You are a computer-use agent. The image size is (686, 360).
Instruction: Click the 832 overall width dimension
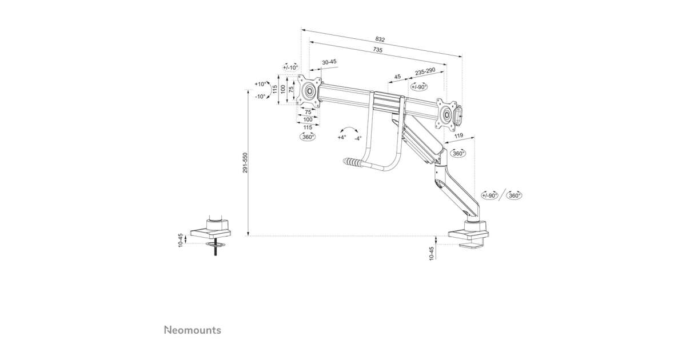(380, 39)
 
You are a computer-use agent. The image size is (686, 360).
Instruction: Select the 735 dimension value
(377, 50)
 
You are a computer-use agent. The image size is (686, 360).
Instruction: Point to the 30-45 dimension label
(329, 62)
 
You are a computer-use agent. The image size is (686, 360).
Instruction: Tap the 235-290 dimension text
(425, 71)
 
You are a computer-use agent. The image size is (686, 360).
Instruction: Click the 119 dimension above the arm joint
(458, 135)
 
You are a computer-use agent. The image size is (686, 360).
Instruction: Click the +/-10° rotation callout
(290, 67)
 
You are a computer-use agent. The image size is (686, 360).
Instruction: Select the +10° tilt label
(260, 84)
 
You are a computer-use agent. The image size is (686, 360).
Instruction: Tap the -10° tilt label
(260, 97)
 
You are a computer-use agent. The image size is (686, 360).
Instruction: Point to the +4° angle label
(341, 138)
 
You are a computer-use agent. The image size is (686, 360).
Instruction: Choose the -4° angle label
(357, 138)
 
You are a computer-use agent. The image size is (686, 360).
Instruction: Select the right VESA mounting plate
(446, 113)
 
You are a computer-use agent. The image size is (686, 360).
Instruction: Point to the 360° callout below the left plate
(308, 137)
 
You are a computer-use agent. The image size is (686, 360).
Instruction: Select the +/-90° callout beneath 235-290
(419, 87)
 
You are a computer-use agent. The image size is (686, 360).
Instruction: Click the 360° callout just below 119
(458, 153)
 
